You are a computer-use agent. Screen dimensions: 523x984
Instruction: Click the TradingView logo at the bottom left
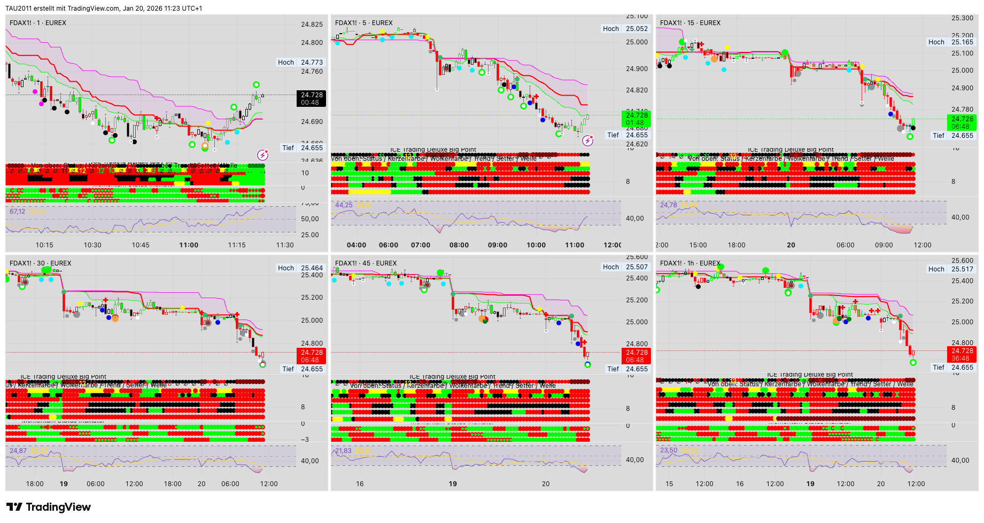click(x=49, y=507)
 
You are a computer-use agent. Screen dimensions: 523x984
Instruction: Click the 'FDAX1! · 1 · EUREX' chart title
click(x=38, y=23)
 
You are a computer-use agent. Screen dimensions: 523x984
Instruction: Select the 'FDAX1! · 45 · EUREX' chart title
click(x=366, y=263)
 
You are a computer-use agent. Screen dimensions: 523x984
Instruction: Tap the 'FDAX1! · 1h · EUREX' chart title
click(x=690, y=263)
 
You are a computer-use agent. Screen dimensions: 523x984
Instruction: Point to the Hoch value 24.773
click(x=312, y=63)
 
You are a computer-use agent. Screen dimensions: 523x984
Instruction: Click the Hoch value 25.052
click(x=637, y=29)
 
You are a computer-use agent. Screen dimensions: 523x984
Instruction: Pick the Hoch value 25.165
click(x=962, y=42)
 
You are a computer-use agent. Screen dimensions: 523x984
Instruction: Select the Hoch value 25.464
click(x=312, y=268)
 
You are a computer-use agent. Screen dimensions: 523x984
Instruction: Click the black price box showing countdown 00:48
click(x=311, y=99)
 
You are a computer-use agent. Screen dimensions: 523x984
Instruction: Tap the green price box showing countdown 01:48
click(x=636, y=119)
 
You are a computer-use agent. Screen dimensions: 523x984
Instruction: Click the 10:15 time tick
click(x=44, y=245)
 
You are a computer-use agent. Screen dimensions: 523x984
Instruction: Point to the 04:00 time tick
click(x=357, y=245)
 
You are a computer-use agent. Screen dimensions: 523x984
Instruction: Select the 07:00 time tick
click(x=421, y=245)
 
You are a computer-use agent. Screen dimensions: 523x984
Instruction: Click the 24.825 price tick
click(x=312, y=25)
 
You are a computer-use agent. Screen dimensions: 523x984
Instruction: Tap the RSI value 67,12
click(x=17, y=212)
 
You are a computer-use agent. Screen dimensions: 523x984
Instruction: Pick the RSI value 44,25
click(x=344, y=205)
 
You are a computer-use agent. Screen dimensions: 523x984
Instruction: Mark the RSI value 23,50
click(x=669, y=450)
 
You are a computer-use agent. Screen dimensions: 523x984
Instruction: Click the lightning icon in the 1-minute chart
click(x=262, y=155)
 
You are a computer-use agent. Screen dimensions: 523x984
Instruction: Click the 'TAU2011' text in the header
click(x=19, y=9)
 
